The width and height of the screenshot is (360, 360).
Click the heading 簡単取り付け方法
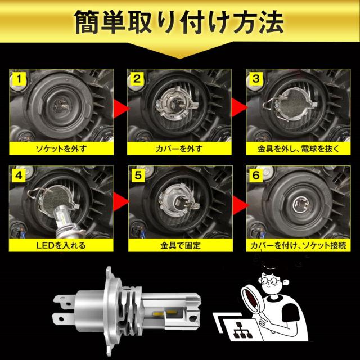(x=179, y=22)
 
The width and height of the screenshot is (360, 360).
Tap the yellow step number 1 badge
(x=19, y=79)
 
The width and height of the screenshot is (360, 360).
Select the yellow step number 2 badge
(x=137, y=79)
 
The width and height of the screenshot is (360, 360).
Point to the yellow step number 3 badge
(x=256, y=79)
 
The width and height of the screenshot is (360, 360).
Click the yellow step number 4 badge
(x=19, y=175)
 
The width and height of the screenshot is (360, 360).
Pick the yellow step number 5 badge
(x=138, y=175)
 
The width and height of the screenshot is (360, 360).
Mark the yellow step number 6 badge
(x=256, y=175)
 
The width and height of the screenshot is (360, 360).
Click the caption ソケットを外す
(x=61, y=148)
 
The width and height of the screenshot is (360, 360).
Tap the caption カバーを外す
(x=179, y=148)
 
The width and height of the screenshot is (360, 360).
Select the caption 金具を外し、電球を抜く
(x=298, y=148)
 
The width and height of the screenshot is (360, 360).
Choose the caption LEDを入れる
(x=61, y=245)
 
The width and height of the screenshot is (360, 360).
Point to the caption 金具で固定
(x=181, y=245)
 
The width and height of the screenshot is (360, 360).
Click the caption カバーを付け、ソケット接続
(x=298, y=245)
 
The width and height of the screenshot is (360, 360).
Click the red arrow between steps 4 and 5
(x=121, y=201)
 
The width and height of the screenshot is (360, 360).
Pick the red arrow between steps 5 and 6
(x=240, y=205)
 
